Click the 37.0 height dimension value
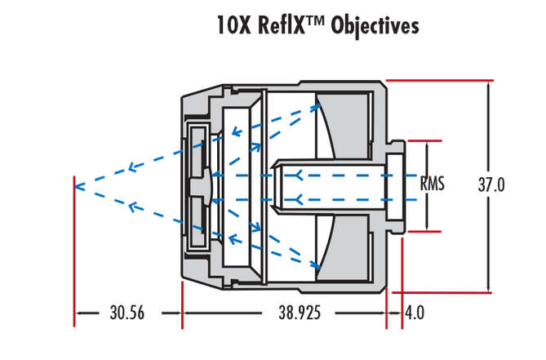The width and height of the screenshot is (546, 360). tap(491, 185)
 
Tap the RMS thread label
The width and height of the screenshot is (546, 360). tap(432, 184)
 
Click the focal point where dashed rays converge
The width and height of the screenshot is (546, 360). tap(76, 186)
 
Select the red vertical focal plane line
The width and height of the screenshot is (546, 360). tap(75, 245)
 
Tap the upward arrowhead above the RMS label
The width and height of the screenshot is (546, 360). tap(426, 144)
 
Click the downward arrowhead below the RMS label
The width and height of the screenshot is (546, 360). tap(426, 225)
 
